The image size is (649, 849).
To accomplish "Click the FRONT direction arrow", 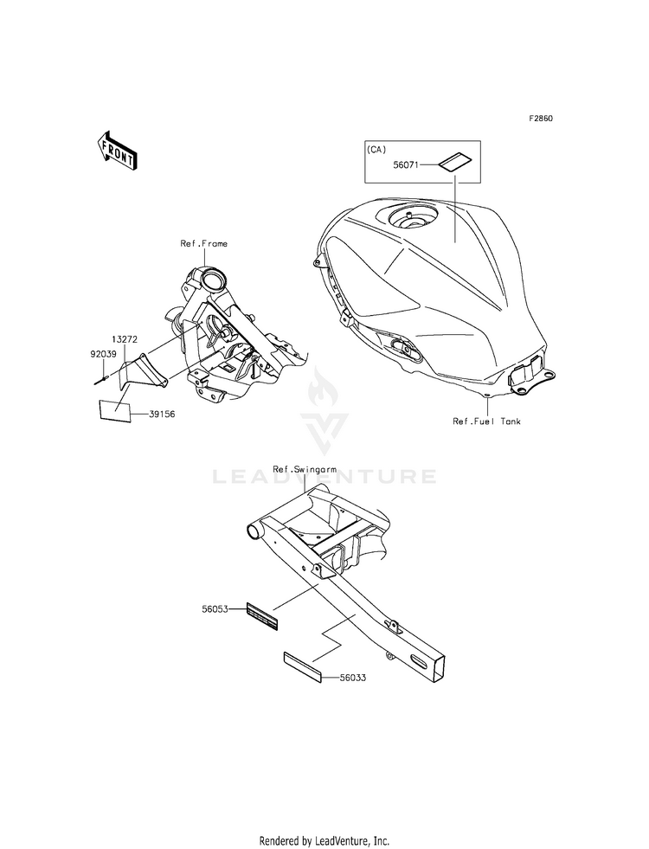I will [x=117, y=150].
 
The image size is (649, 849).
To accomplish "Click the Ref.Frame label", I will [x=203, y=244].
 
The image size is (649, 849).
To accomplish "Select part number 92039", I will [x=104, y=354].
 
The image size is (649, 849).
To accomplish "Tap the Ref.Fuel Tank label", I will [x=487, y=421].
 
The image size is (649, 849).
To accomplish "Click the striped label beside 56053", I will [x=261, y=615].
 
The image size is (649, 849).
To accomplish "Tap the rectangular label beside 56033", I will [x=302, y=670].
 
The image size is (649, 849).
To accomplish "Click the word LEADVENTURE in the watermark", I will [x=324, y=476].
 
